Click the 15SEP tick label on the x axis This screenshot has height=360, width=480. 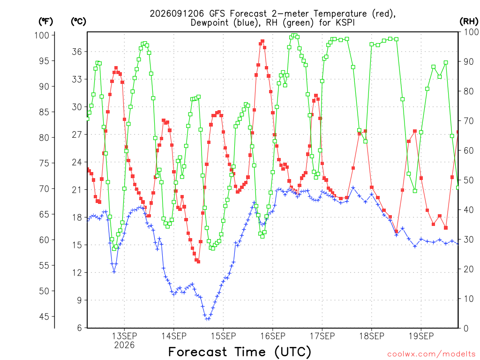223,336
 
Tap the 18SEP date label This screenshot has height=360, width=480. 372,336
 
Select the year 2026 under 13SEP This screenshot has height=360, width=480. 124,345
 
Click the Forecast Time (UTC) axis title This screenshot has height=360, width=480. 240,352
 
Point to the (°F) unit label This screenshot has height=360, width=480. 45,22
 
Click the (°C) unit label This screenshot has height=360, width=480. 78,22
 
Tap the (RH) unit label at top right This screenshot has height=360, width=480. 469,22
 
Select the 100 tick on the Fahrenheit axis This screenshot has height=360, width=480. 42,35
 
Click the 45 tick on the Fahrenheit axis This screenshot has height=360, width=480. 45,316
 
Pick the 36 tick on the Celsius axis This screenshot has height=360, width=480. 77,52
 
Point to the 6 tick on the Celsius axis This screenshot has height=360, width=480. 80,328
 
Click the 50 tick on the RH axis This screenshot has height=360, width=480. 468,180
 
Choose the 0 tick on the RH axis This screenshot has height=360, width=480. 466,328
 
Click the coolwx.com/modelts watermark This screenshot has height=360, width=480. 431,354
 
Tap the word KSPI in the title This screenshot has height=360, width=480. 345,22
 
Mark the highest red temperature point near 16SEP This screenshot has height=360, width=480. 262,41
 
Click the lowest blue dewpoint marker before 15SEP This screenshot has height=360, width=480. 208,319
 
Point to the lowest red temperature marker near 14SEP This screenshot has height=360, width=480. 198,262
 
